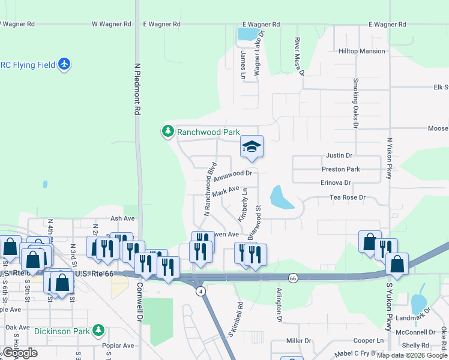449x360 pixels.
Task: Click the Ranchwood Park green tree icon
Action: [167, 131]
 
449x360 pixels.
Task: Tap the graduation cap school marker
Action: [252, 146]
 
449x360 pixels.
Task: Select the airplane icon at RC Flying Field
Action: [65, 64]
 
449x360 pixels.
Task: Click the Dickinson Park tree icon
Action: [98, 330]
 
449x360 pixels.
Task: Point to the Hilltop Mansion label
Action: [361, 52]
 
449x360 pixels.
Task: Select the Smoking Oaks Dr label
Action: [355, 103]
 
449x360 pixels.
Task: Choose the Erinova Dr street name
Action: [336, 182]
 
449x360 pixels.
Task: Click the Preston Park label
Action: [340, 170]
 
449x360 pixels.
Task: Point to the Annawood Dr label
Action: [235, 175]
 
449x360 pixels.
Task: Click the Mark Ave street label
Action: [226, 191]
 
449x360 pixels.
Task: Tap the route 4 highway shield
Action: [200, 291]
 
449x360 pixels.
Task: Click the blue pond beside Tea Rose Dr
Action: [280, 198]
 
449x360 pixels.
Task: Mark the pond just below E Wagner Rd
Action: [246, 34]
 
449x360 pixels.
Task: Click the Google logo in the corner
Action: [20, 353]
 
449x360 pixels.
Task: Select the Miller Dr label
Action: [298, 341]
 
